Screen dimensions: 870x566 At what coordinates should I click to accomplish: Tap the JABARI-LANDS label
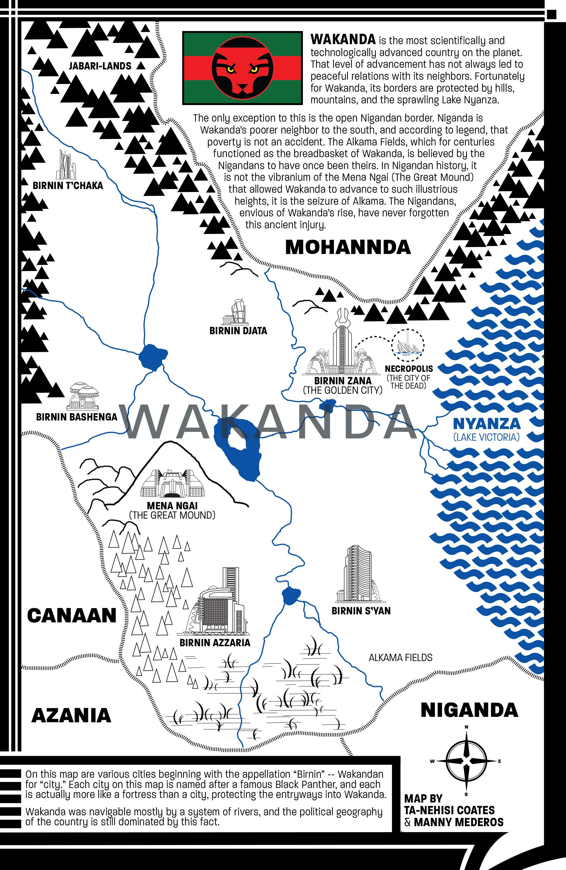pos(100,66)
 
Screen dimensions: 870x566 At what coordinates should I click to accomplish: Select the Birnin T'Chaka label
pos(68,186)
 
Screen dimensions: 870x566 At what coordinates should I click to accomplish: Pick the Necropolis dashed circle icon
pos(408,345)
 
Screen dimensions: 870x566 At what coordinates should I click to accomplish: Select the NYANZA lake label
pos(486,424)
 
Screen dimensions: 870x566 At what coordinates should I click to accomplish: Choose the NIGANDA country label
pos(469,710)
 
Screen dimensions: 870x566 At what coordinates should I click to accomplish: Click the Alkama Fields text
pos(400,658)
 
